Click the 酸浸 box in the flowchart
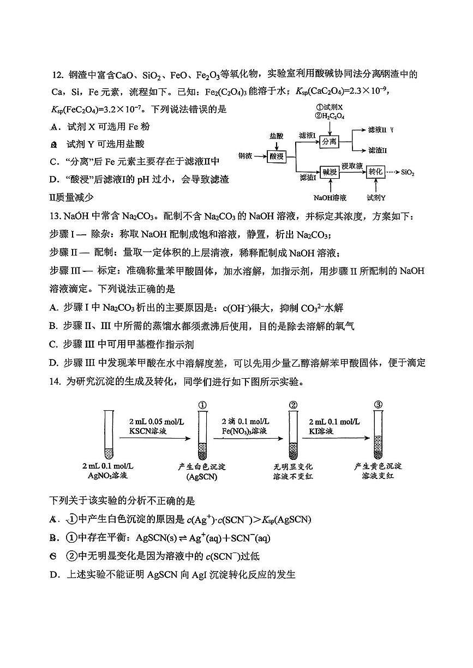point(277,156)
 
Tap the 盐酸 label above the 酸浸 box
point(277,135)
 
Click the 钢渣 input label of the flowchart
point(246,156)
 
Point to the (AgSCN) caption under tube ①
point(202,477)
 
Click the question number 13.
point(55,217)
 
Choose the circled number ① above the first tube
point(202,405)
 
